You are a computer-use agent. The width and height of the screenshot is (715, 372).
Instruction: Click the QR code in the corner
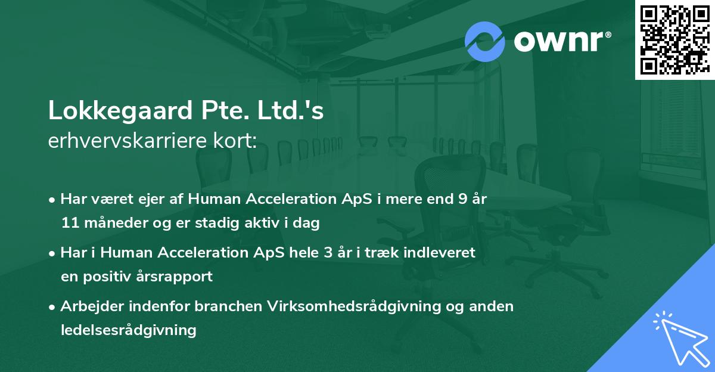pos(674,40)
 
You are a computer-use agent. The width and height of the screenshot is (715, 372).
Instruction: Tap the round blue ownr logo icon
pos(484,41)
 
